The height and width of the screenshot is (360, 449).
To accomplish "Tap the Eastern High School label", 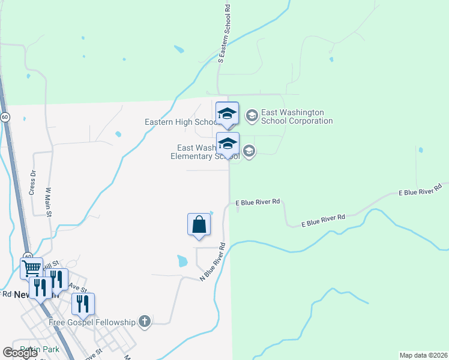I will (180, 122).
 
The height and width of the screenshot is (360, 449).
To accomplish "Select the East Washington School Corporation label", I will (297, 116).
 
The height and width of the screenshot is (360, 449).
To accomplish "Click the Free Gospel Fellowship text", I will (92, 322).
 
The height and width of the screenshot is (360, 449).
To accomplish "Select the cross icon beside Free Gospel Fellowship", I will (144, 322).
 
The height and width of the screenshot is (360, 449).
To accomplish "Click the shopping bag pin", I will (199, 225).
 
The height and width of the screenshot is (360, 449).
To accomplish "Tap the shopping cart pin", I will (31, 268).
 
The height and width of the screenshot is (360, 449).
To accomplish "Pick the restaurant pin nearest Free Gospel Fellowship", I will (83, 304).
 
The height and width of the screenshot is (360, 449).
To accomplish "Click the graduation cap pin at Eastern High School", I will (227, 113).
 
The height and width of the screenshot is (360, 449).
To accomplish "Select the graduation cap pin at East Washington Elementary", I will (228, 144).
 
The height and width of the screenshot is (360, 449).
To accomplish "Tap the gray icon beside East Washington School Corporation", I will (252, 115).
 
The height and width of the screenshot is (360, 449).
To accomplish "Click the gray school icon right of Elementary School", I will (249, 152).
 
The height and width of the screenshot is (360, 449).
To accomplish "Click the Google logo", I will (20, 353).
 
